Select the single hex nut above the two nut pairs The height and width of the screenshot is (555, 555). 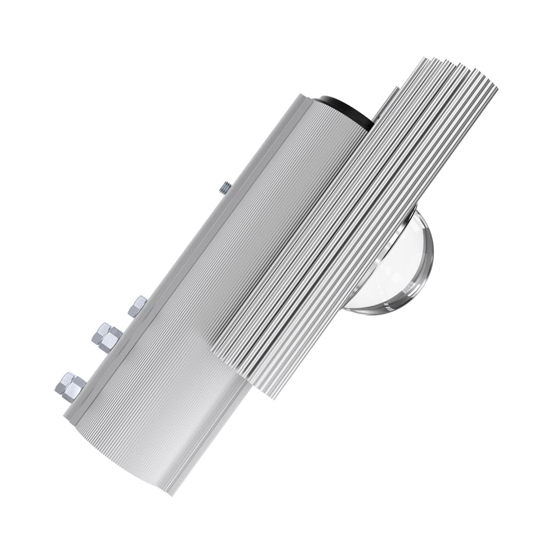point(137,306)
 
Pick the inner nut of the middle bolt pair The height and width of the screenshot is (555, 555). point(113,339)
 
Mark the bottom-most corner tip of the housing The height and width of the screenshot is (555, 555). point(172,494)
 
